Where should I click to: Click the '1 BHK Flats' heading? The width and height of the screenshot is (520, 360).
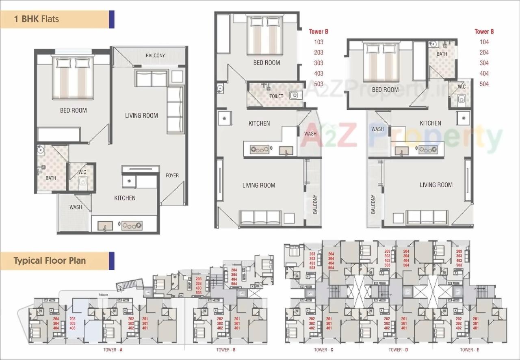tap(37, 19)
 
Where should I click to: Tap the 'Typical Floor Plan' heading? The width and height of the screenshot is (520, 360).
tap(50, 260)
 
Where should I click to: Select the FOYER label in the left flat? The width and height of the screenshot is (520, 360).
tap(172, 176)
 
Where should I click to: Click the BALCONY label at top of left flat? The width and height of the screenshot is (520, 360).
tap(155, 55)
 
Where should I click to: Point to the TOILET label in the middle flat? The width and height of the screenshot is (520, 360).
tap(276, 96)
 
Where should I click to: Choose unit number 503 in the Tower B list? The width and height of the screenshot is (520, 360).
tap(318, 84)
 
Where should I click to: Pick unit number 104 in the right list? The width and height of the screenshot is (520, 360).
tap(484, 42)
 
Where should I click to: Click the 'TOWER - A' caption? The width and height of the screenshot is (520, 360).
tap(113, 349)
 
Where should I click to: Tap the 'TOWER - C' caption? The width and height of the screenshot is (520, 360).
tap(323, 349)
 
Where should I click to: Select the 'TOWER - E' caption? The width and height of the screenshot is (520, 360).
tap(470, 349)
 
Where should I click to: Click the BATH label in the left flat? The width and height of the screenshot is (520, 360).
tap(51, 178)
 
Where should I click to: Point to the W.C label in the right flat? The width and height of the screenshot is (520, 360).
tap(461, 87)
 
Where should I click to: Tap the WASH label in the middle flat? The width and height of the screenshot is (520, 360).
tap(310, 134)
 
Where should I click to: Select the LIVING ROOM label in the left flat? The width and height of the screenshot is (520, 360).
tap(141, 115)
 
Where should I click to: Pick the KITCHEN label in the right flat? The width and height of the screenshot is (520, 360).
tap(430, 123)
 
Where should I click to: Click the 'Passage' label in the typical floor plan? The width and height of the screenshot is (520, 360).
tap(103, 294)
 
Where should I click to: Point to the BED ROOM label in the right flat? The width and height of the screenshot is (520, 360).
tap(385, 90)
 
